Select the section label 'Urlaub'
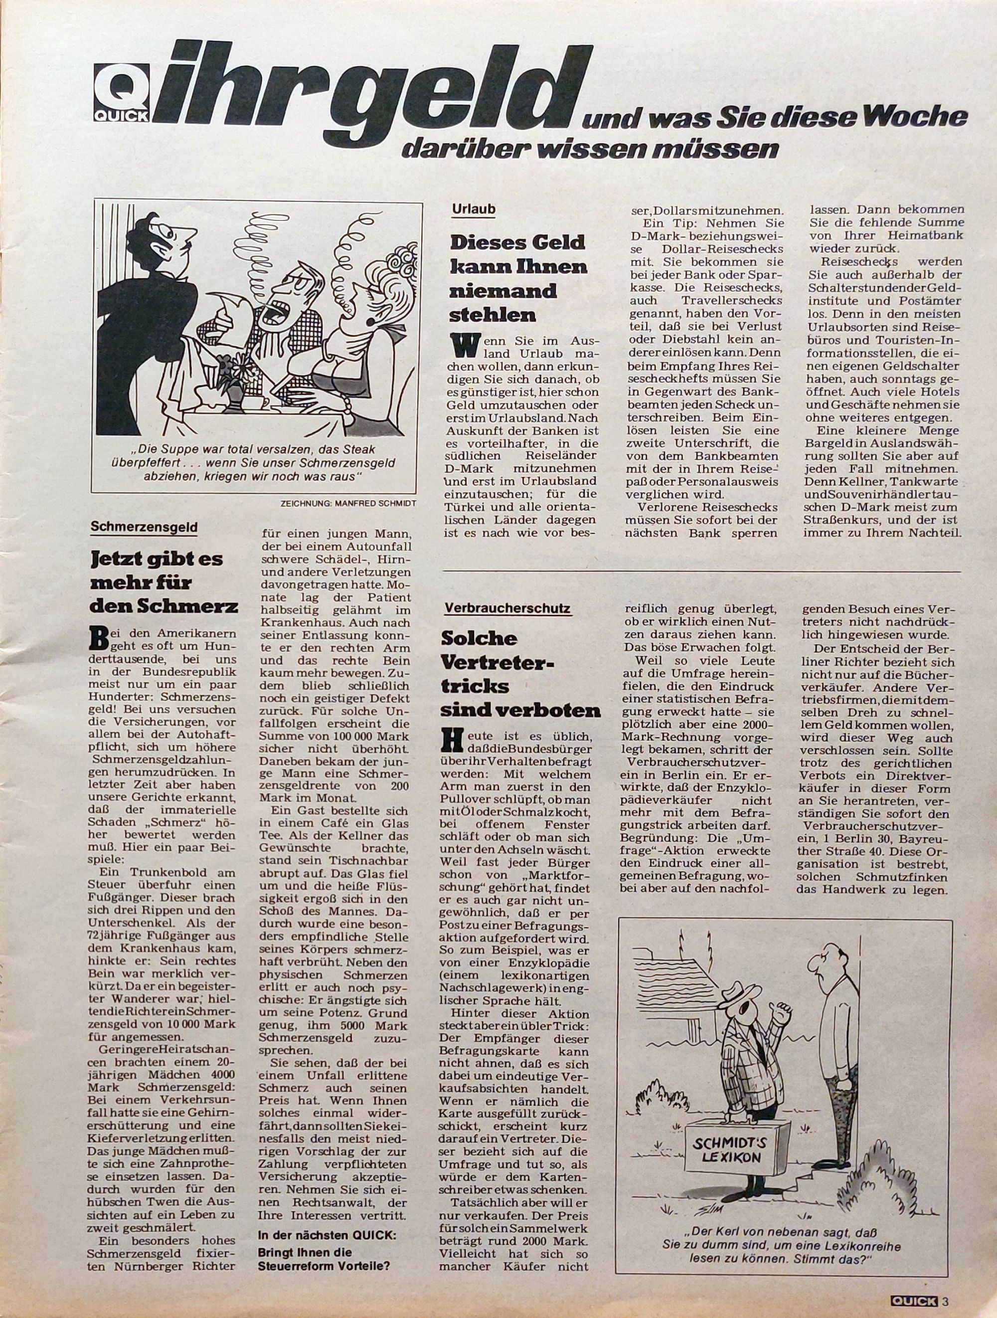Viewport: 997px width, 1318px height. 473,210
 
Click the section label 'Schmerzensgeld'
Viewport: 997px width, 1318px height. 144,526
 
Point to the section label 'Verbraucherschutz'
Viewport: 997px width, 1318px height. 507,608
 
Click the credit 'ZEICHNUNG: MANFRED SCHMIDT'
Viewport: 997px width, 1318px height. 348,503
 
